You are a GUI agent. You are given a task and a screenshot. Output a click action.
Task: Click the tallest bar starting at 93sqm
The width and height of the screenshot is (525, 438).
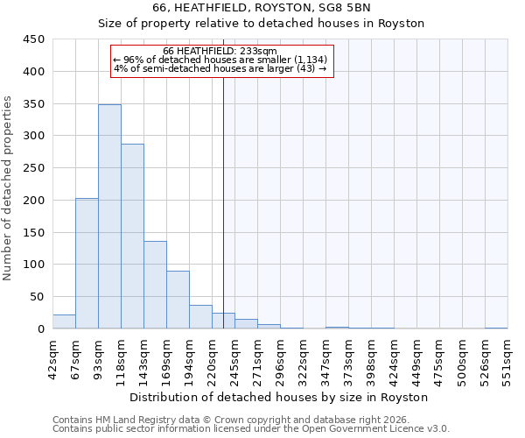coord(109,216)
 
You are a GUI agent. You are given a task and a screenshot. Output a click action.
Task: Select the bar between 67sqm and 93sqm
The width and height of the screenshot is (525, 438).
coord(87,263)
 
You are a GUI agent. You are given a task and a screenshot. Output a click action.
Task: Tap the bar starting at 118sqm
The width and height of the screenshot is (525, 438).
coord(132,237)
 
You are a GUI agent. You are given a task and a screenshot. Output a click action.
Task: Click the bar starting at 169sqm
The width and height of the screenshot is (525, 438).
coord(178,300)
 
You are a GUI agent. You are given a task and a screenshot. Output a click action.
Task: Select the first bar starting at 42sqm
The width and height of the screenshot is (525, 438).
coord(64,321)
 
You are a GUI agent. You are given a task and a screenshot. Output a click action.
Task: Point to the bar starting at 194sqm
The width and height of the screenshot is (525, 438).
coord(200,317)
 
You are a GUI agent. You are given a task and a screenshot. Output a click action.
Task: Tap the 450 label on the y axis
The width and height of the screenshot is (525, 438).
coord(34,39)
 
